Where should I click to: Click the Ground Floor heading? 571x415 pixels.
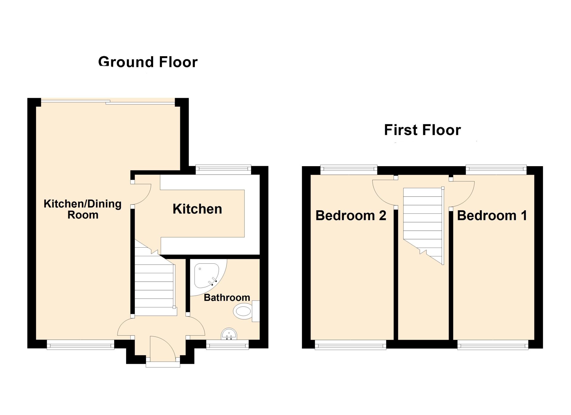click(x=148, y=62)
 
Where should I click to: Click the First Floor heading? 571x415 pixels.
click(x=422, y=130)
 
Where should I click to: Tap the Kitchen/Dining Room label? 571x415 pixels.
click(x=83, y=209)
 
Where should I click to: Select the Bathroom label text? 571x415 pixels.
click(x=227, y=298)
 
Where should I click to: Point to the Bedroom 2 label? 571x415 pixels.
click(x=351, y=216)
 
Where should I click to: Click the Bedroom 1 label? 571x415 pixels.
click(x=492, y=216)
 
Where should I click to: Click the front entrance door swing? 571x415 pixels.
click(x=162, y=347)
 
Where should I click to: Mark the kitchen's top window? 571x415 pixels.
click(x=223, y=170)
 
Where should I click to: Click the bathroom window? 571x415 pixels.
click(x=227, y=345)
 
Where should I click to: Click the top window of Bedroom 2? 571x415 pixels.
click(x=349, y=169)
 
